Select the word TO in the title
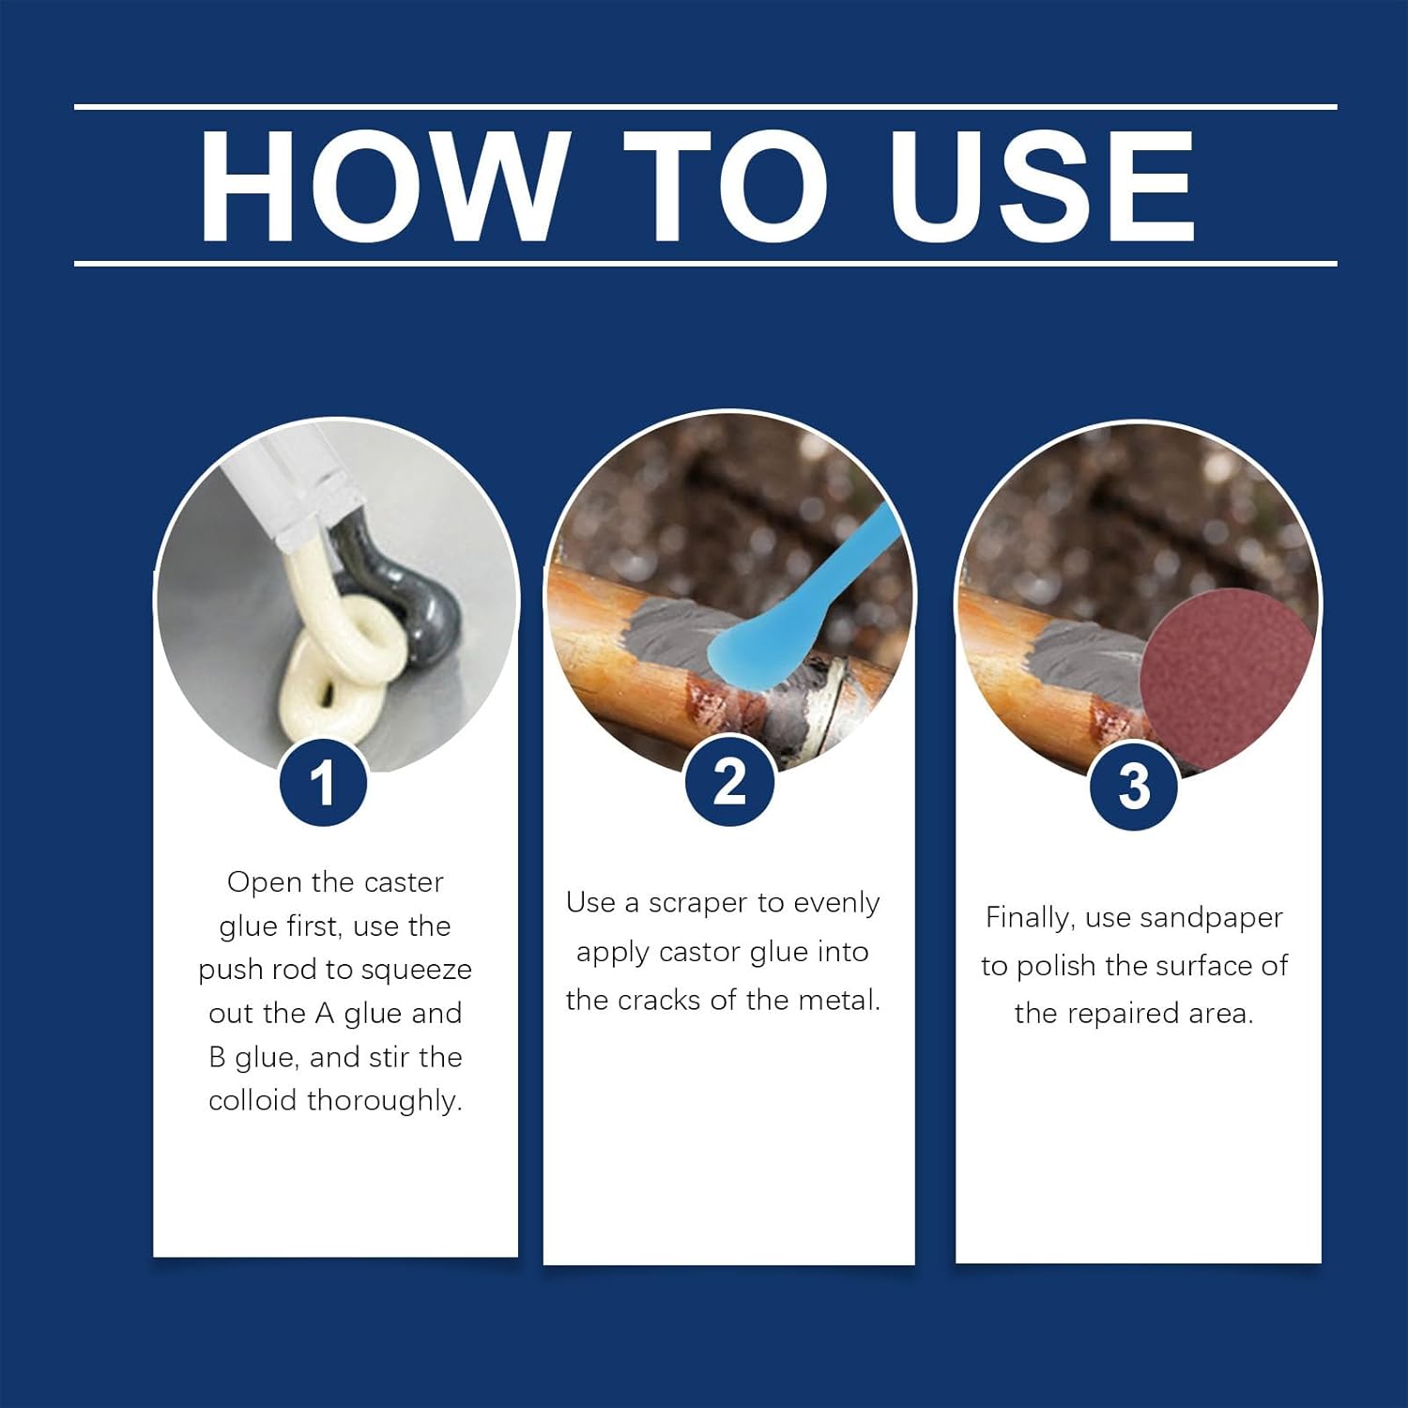[726, 185]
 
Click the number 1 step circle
[323, 783]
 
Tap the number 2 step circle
[729, 781]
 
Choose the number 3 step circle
[1134, 786]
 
